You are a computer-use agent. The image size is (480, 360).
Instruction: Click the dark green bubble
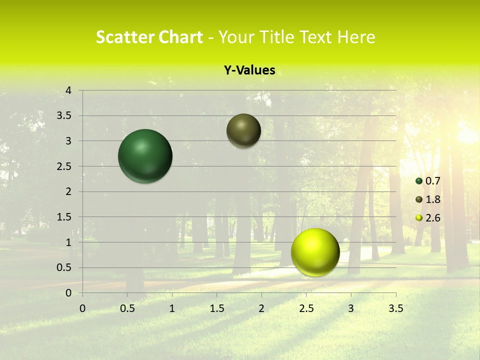[145, 156]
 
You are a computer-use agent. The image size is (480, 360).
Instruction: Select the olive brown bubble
[243, 130]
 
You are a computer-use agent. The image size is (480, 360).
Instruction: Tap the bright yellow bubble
[315, 252]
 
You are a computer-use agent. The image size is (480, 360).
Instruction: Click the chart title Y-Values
[249, 70]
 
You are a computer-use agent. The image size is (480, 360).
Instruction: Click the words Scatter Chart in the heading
[149, 37]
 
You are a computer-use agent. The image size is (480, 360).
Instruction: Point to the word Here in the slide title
[356, 37]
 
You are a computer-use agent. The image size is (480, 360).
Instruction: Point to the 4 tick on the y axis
[68, 90]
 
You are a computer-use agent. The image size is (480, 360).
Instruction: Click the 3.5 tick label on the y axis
[65, 116]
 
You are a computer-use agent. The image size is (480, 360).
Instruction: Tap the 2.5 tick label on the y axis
[65, 166]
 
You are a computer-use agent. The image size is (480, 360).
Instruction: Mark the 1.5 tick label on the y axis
[65, 217]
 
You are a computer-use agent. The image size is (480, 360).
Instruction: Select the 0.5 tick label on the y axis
[65, 267]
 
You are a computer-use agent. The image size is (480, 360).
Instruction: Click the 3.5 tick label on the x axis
[395, 308]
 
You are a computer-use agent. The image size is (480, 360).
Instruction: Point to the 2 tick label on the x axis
[261, 308]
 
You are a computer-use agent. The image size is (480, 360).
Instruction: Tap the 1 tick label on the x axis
[172, 308]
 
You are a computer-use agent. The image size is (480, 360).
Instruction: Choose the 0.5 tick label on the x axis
[127, 308]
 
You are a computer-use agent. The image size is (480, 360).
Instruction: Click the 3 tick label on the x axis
[351, 308]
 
